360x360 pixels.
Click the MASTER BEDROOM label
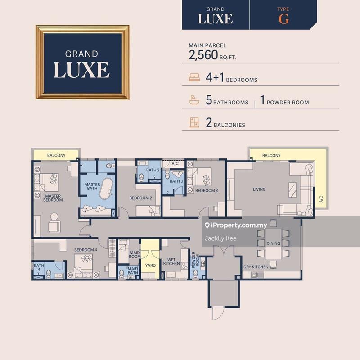pos(53,198)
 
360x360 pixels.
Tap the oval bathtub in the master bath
pos(107,189)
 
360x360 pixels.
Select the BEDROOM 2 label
pos(140,198)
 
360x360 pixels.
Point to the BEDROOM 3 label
pos(206,191)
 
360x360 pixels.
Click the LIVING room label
pos(259,189)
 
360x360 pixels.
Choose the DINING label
pos(273,243)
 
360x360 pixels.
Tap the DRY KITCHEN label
pos(256,267)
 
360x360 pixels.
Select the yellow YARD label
pos(150,265)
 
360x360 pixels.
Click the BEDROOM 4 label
pos(85,250)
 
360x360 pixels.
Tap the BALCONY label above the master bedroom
pos(56,156)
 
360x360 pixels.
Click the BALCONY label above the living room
pos(271,156)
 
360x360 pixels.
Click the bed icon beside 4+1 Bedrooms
pos(194,78)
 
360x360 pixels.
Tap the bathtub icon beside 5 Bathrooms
pos(194,101)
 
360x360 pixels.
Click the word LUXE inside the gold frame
pos(81,70)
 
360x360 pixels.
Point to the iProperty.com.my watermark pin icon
pos(207,225)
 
